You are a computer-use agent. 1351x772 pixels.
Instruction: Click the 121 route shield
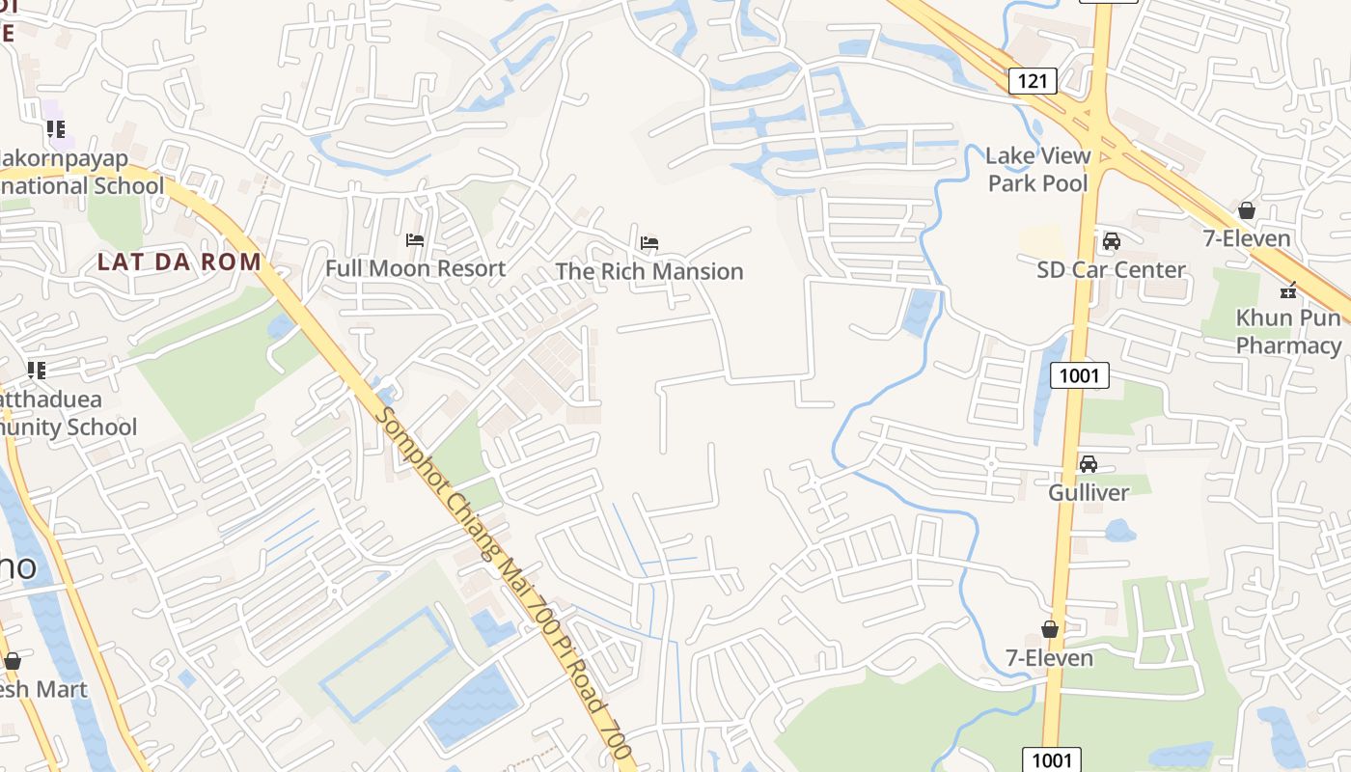click(x=1032, y=81)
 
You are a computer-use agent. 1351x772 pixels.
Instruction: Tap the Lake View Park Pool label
click(x=1037, y=169)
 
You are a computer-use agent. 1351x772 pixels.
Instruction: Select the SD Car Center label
click(x=1111, y=269)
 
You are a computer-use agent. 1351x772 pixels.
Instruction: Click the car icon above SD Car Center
click(x=1111, y=241)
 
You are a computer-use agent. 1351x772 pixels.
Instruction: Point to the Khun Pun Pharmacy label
click(x=1288, y=331)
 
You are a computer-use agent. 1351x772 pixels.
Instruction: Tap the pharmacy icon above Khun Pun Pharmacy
click(x=1287, y=289)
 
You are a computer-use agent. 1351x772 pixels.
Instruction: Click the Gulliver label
click(x=1089, y=493)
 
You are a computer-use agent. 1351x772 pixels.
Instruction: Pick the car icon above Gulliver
click(x=1089, y=464)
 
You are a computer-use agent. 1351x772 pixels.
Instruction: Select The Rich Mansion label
click(x=649, y=272)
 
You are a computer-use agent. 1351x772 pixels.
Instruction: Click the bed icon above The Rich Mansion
click(x=649, y=241)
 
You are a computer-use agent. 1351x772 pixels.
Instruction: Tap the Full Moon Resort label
click(x=415, y=268)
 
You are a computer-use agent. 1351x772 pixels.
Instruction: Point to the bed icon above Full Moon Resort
click(x=415, y=239)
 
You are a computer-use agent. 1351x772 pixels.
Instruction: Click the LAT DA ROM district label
click(x=179, y=262)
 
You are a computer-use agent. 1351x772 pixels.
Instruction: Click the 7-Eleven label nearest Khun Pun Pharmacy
click(x=1247, y=238)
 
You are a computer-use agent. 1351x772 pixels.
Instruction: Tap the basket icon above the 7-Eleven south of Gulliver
click(x=1050, y=629)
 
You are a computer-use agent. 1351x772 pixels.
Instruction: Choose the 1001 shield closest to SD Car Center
click(x=1078, y=375)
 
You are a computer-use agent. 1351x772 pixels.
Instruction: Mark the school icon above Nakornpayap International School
click(x=55, y=128)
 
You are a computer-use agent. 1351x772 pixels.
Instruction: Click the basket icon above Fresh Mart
click(x=13, y=661)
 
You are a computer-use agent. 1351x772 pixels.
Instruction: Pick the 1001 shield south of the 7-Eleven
click(x=1051, y=759)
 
